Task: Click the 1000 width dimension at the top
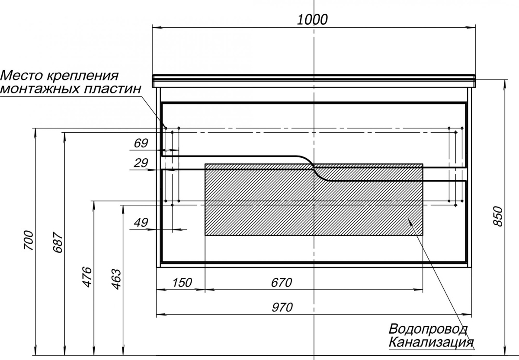[312, 20]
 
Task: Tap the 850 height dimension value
[498, 216]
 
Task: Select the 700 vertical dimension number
[29, 240]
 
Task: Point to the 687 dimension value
[58, 242]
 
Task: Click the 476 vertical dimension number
[87, 277]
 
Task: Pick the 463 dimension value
[116, 279]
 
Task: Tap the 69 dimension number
[141, 143]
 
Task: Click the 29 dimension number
[141, 163]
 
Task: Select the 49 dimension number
[141, 223]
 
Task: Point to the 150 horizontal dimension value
[182, 283]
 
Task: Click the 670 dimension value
[282, 283]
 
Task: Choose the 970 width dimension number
[282, 307]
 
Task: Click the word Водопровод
[428, 329]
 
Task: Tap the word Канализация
[431, 342]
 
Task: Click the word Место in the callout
[22, 76]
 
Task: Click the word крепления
[83, 76]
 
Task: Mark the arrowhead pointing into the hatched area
[410, 221]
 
